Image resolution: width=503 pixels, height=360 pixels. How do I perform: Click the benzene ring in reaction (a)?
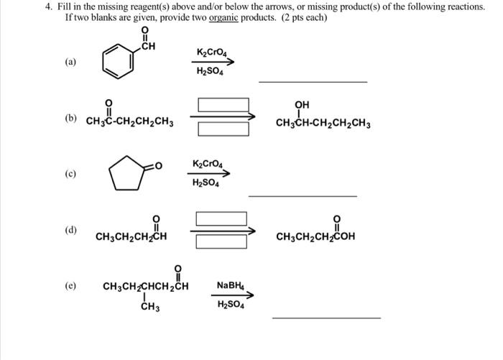point(116,63)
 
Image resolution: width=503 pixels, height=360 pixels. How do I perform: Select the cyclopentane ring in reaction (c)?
point(125,173)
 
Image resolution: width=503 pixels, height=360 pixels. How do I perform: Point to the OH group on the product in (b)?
point(302,105)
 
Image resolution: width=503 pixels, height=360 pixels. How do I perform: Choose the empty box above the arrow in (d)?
point(221,218)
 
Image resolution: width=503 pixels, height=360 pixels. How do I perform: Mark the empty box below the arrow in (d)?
point(221,242)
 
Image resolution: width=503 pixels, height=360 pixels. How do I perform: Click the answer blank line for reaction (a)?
point(313,81)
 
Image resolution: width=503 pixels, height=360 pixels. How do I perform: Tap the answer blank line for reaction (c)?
point(302,195)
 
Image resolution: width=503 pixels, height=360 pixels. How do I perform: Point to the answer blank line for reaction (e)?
point(327,317)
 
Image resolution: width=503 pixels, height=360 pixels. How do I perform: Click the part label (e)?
point(70,286)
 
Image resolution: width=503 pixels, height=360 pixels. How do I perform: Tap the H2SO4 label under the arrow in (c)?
point(207,183)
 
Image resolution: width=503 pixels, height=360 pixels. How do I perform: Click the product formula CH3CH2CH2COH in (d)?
point(315,236)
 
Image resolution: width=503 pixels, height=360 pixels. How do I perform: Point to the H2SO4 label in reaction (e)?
point(231,304)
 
